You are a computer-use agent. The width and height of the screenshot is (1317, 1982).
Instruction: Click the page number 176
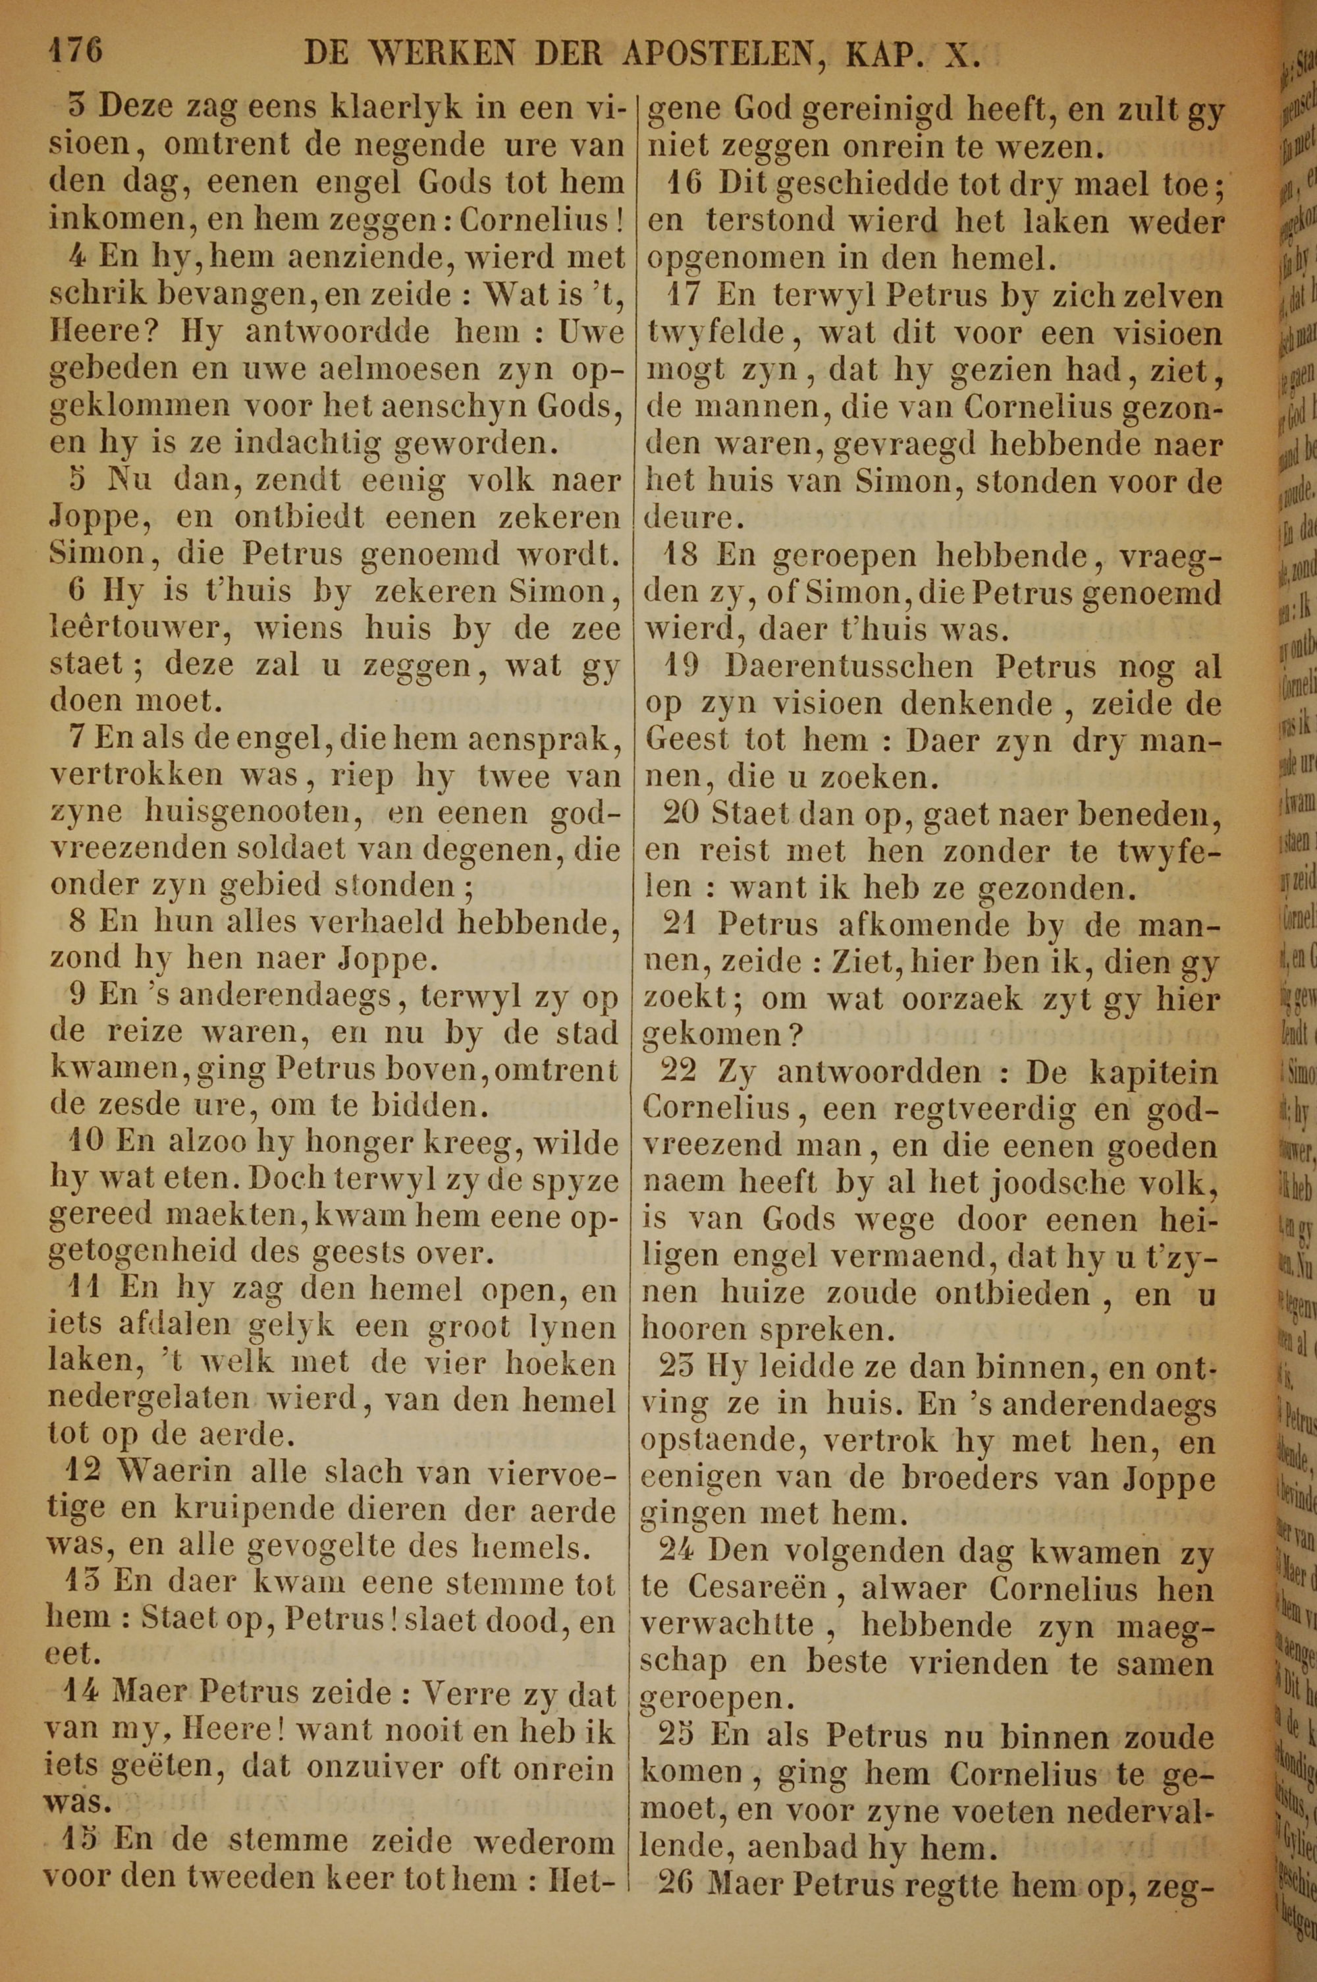76,51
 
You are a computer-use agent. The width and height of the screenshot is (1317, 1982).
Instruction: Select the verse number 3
76,108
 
